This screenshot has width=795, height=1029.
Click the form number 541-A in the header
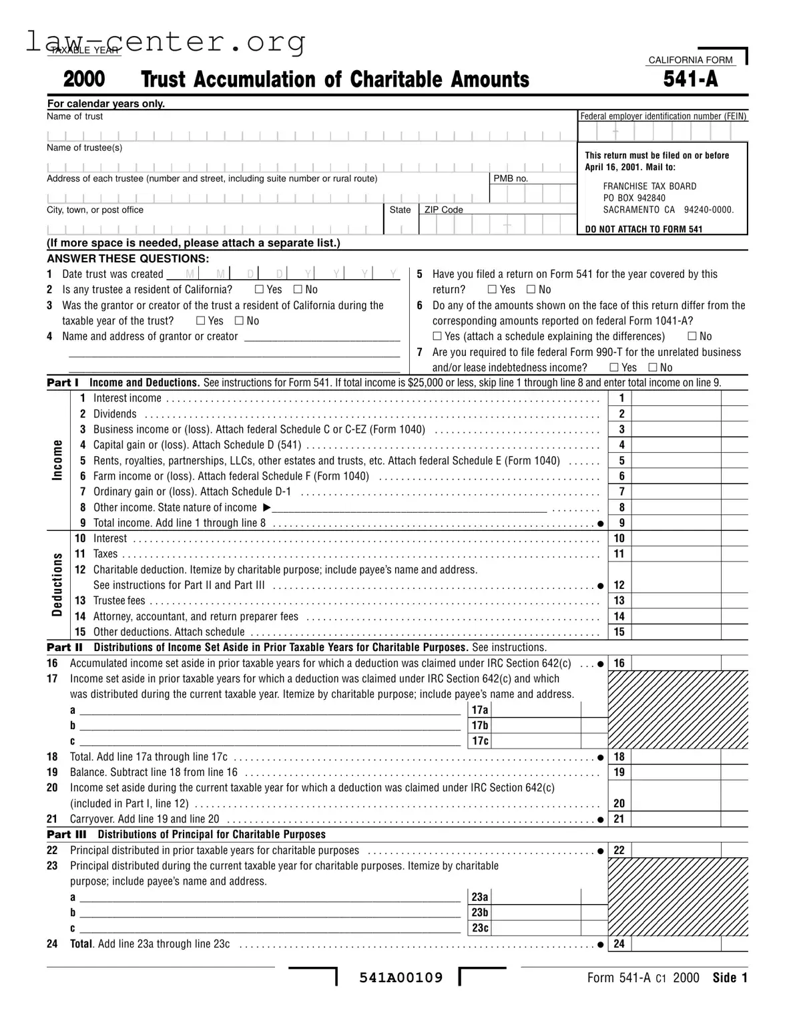click(x=690, y=79)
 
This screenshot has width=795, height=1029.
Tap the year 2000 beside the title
click(x=84, y=79)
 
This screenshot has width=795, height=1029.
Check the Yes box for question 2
click(x=259, y=290)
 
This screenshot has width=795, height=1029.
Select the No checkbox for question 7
click(x=652, y=368)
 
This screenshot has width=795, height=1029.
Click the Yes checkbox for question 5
click(x=492, y=290)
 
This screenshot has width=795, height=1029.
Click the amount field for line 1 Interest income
click(x=676, y=399)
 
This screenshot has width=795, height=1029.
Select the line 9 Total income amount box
click(x=676, y=524)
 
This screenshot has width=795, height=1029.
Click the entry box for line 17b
click(x=536, y=726)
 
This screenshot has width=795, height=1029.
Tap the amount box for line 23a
click(x=536, y=897)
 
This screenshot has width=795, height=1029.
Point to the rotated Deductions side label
click(x=57, y=586)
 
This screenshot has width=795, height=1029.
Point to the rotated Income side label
click(x=57, y=460)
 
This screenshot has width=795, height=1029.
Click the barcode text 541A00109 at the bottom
click(x=401, y=978)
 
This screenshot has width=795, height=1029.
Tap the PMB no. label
click(x=510, y=179)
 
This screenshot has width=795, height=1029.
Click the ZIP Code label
click(x=443, y=210)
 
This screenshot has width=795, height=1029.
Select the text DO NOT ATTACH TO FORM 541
click(x=643, y=229)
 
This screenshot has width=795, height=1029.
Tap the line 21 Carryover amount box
click(x=676, y=819)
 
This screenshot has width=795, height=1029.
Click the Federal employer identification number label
click(x=663, y=116)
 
